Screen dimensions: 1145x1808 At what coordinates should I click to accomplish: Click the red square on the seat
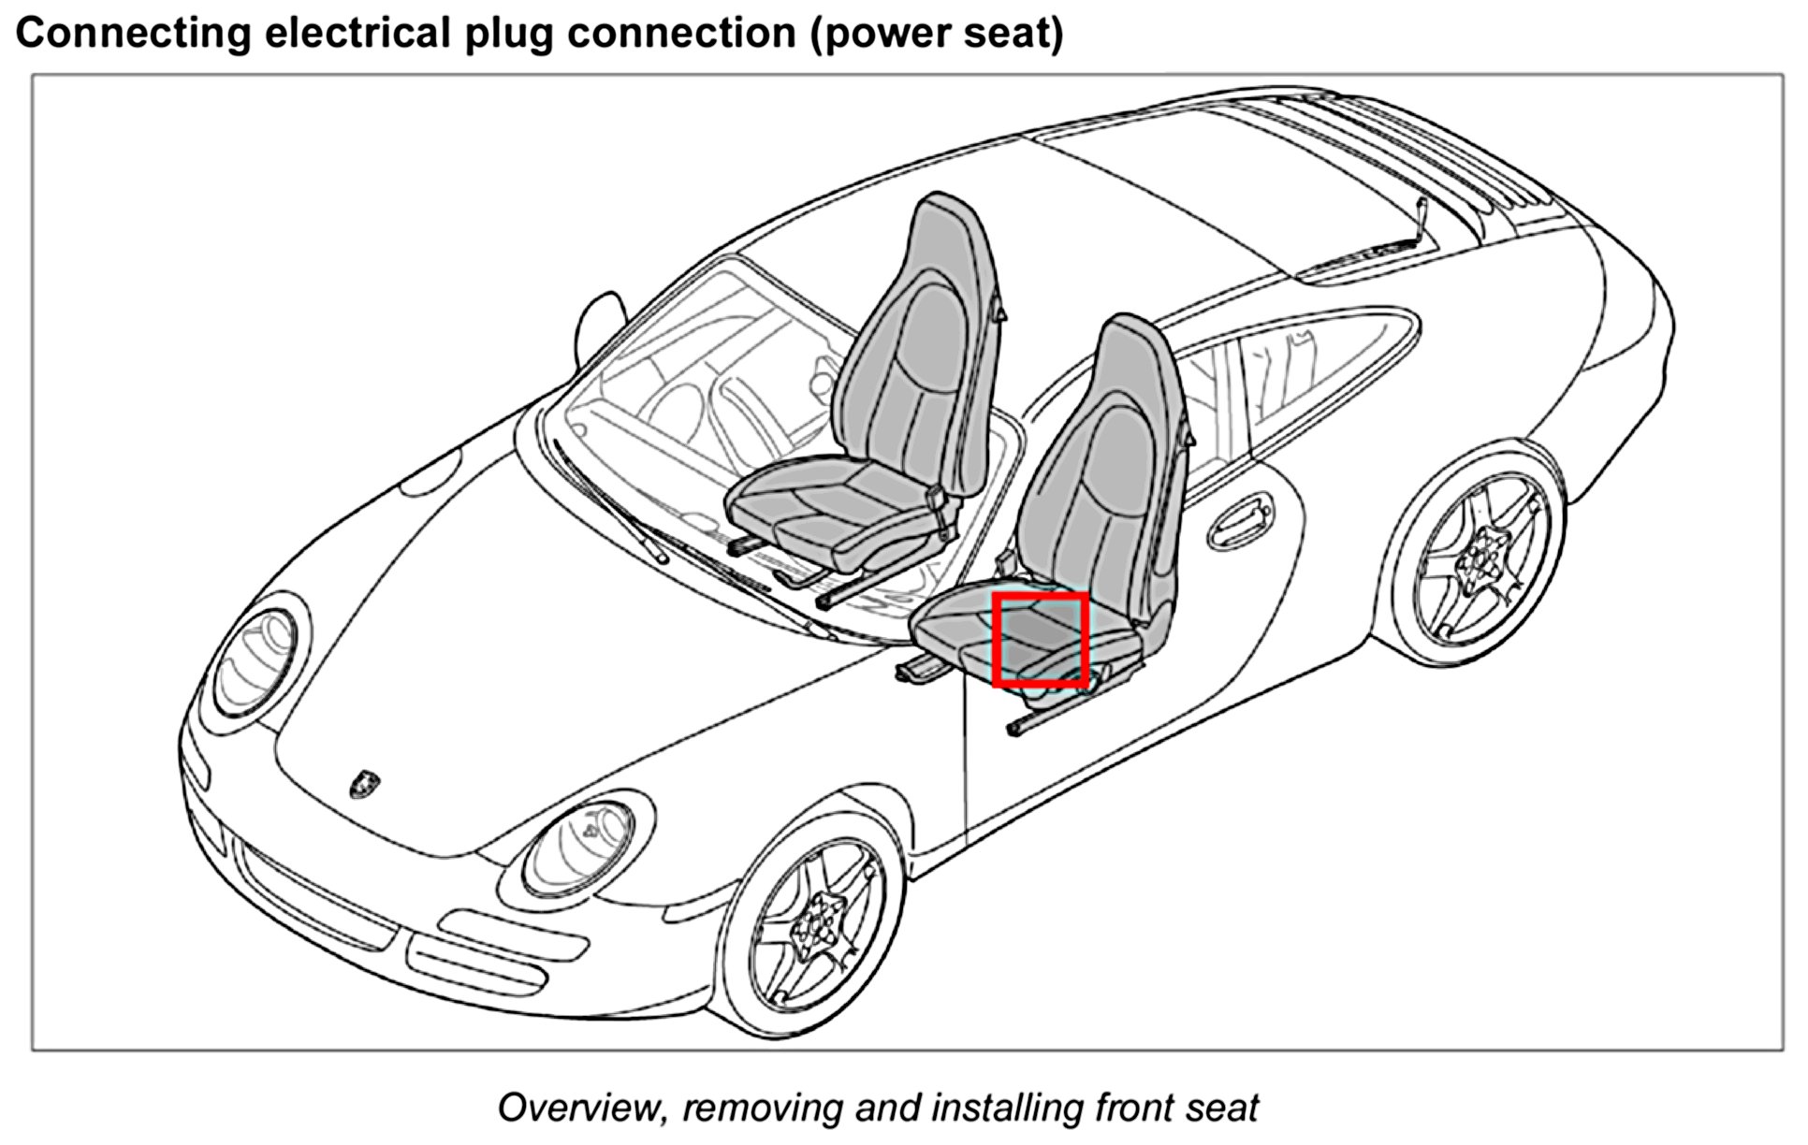(x=1040, y=639)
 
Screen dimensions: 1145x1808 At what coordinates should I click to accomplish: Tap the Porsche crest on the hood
(x=363, y=784)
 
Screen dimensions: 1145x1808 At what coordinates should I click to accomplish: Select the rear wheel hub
(x=1480, y=560)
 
